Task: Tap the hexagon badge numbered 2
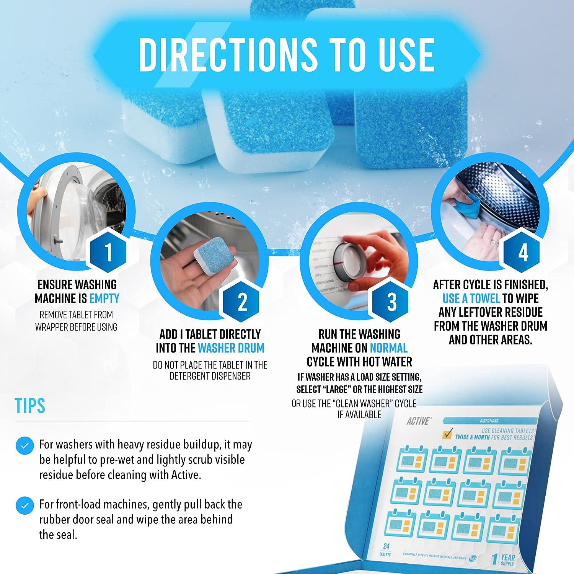[x=242, y=302]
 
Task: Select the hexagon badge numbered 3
[x=391, y=302]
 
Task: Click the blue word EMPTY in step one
[x=104, y=298]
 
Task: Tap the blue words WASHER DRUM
[x=231, y=348]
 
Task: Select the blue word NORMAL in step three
[x=388, y=348]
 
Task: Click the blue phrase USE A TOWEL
[x=471, y=298]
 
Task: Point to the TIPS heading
[x=30, y=406]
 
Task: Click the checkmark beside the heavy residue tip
[x=25, y=446]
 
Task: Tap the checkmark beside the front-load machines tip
[x=25, y=506]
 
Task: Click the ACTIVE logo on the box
[x=418, y=421]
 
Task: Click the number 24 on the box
[x=386, y=546]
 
